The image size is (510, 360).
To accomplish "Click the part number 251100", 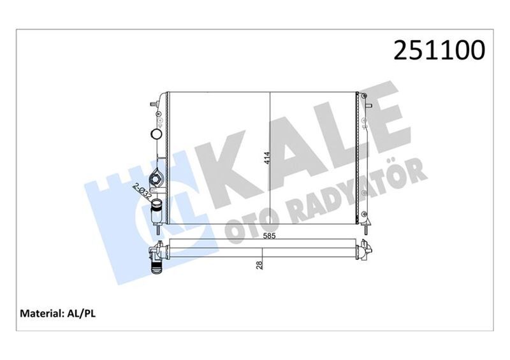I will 439,50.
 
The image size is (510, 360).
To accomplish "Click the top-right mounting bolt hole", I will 365,96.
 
